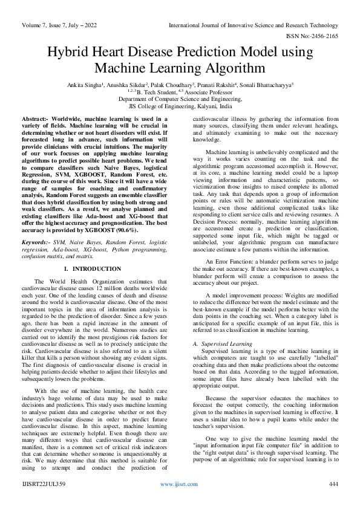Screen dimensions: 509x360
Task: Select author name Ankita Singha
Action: [89, 85]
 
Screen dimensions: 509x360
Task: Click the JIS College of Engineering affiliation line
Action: [180, 105]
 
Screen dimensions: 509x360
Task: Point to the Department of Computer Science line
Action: [180, 99]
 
